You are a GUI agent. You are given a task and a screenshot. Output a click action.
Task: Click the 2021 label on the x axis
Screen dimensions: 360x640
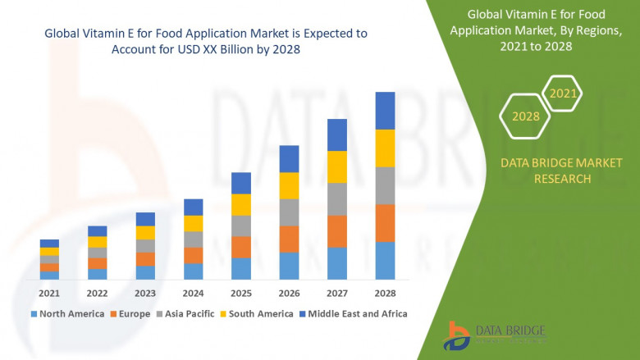pos(49,293)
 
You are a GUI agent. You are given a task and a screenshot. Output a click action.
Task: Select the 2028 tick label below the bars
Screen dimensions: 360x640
pos(385,293)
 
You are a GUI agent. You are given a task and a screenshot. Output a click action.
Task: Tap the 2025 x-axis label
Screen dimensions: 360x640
pos(240,293)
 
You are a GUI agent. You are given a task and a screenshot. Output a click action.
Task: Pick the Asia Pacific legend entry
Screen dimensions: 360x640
pos(189,313)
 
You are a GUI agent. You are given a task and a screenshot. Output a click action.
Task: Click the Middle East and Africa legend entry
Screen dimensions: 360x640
pos(357,313)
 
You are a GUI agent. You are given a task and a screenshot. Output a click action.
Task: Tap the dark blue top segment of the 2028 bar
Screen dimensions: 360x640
pos(385,110)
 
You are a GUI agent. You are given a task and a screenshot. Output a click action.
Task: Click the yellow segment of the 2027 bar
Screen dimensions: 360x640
pos(337,166)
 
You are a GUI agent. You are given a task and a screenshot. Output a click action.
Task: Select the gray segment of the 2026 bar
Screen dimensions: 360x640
pos(289,212)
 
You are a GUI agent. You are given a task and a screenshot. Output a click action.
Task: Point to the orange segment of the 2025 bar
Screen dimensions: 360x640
pos(240,247)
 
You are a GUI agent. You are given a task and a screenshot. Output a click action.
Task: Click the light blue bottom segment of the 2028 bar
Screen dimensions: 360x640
pos(385,261)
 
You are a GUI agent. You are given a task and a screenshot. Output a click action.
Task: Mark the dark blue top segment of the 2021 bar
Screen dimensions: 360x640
pos(49,243)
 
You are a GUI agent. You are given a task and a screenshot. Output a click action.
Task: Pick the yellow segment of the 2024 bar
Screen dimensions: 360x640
pos(193,223)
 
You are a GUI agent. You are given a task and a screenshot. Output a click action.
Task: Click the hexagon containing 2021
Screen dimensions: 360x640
pos(563,94)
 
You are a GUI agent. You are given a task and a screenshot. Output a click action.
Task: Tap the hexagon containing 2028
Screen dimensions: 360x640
pos(526,116)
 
